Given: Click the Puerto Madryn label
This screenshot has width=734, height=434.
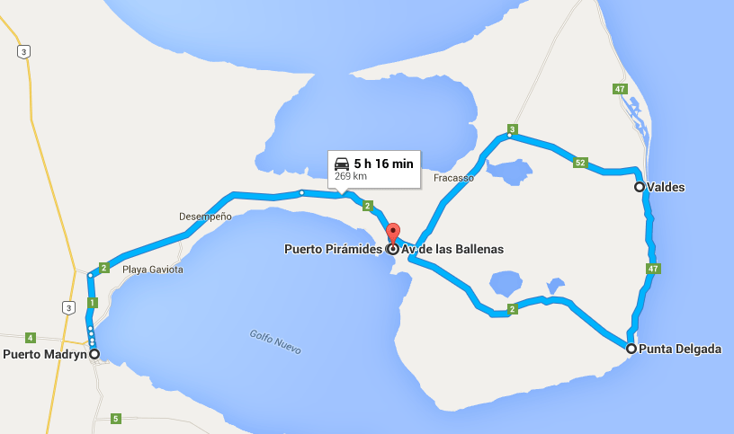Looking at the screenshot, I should point(44,354).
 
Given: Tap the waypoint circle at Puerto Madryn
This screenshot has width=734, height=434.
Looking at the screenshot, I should point(94,354).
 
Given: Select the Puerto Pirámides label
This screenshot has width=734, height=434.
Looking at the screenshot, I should point(333,249).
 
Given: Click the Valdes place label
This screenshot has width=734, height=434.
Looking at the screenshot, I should point(666,188).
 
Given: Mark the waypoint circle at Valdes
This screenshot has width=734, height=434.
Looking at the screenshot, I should point(640,187).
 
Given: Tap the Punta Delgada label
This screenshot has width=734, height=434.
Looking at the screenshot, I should point(680,349).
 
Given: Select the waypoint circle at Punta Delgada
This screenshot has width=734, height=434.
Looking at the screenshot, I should point(631,349).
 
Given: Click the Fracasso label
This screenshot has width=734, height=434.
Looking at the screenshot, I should point(453,178).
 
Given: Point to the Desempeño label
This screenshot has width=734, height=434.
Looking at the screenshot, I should point(205,217).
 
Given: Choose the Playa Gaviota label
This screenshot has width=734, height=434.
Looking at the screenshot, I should point(153,270).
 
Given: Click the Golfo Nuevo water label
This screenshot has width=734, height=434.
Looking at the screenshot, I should point(274,341).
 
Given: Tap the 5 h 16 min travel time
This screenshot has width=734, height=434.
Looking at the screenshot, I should point(383,164).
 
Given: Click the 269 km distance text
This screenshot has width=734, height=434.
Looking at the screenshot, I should point(351,176).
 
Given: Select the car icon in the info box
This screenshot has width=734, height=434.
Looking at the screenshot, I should point(342,164).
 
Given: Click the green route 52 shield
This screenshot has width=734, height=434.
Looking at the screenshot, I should point(580,163).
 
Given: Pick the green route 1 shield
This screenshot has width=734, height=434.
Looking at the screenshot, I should point(92,303).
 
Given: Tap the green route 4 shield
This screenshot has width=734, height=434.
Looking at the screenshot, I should point(30,338).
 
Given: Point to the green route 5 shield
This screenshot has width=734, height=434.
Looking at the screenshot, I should point(115,418).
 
